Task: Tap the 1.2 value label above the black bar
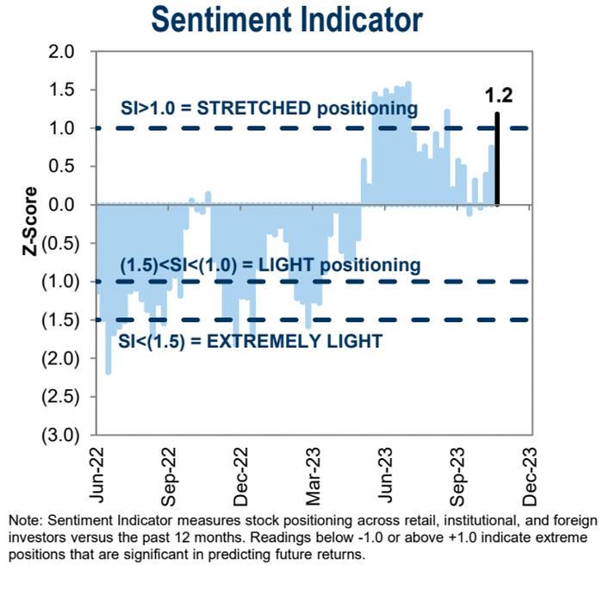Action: [499, 95]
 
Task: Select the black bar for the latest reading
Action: [497, 159]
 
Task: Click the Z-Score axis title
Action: [30, 224]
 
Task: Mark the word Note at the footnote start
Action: [23, 521]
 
